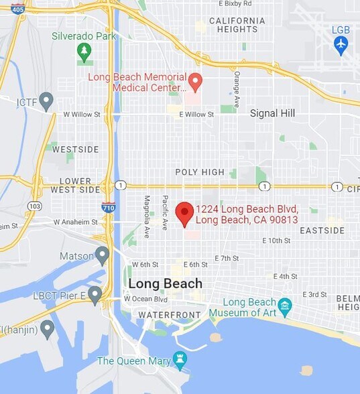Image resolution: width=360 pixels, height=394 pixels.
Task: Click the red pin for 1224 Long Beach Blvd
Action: [184, 213]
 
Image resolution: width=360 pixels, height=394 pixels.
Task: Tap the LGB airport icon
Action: [341, 45]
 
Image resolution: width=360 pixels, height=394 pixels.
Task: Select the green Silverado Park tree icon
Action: [84, 52]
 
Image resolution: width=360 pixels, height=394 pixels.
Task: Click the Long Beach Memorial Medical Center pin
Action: [195, 82]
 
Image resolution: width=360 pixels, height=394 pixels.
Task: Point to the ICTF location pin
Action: [46, 101]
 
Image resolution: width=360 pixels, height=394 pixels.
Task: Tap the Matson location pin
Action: [102, 255]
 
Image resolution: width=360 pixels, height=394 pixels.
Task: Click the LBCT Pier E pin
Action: [95, 294]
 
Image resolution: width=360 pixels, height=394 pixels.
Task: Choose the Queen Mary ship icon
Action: [179, 360]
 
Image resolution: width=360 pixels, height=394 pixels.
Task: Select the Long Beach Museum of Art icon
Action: [285, 308]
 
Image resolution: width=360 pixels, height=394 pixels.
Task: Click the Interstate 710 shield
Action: [109, 207]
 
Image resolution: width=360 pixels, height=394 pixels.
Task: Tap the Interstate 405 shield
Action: [18, 9]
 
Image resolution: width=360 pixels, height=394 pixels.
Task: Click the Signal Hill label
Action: [272, 113]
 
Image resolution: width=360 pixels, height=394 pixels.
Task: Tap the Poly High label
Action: [200, 172]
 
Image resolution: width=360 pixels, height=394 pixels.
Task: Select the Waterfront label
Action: [170, 314]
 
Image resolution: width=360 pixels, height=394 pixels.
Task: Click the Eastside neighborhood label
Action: [322, 231]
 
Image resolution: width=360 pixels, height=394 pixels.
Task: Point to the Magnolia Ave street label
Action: [147, 216]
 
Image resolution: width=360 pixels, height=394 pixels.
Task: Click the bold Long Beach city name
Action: [165, 283]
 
